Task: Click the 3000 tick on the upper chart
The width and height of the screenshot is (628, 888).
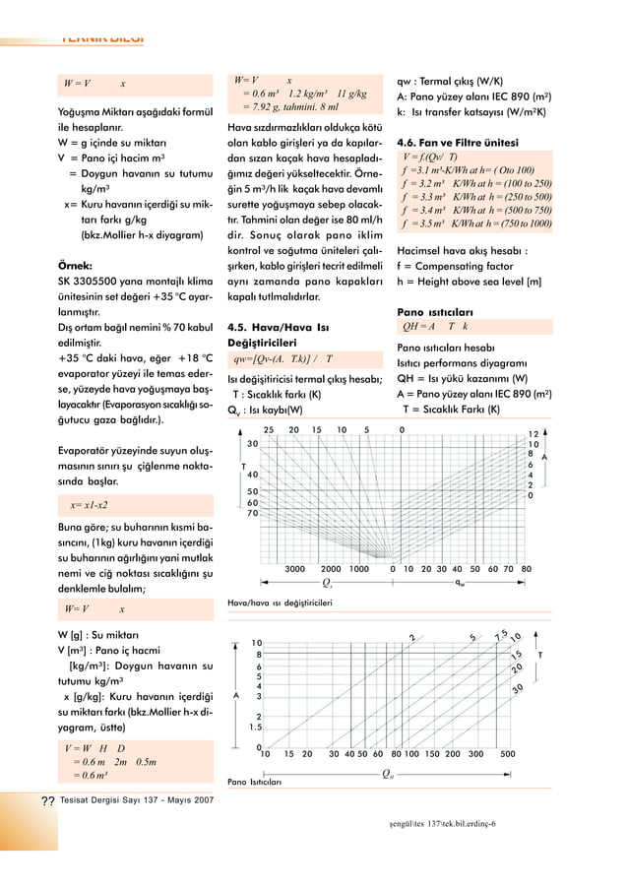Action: (x=293, y=569)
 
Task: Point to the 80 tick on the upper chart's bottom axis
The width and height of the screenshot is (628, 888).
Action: (x=527, y=569)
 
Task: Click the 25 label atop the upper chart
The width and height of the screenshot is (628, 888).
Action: (x=268, y=429)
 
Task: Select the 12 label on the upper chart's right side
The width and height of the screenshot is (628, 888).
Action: (x=533, y=434)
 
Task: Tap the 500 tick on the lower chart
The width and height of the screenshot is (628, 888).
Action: (x=508, y=755)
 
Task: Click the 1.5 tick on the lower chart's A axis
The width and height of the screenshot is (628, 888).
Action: (x=256, y=728)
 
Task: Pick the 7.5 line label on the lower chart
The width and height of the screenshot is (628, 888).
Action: (x=500, y=633)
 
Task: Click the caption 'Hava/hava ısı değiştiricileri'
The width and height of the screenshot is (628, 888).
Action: (x=280, y=602)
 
